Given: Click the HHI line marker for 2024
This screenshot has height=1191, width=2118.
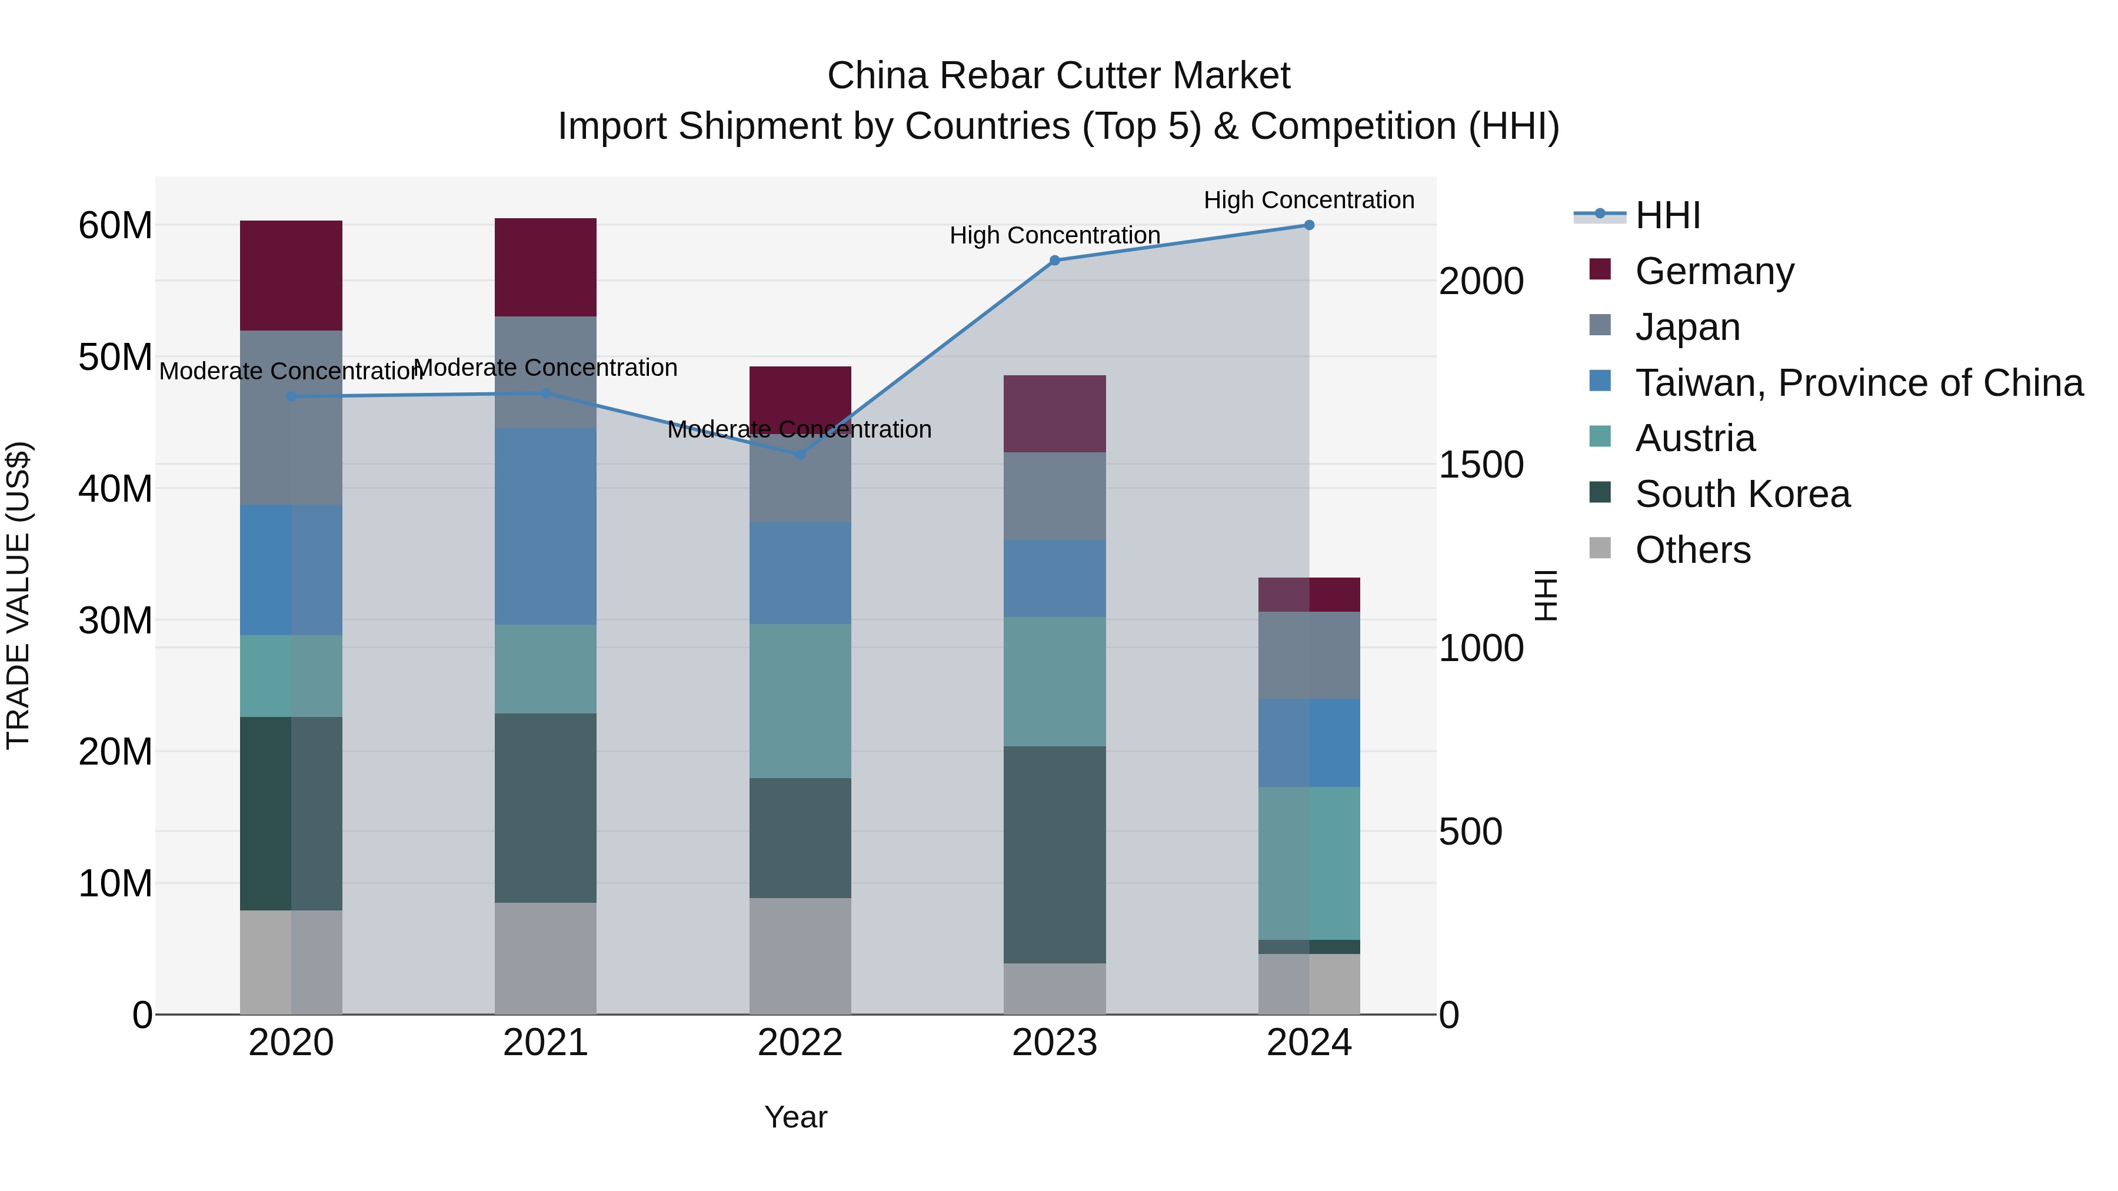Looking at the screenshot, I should (x=1309, y=225).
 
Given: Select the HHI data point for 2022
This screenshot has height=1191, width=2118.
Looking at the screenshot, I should (x=800, y=455).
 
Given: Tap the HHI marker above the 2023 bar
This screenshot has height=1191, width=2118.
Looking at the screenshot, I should (x=1055, y=261).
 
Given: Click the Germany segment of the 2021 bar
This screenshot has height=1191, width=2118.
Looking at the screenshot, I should (x=545, y=267).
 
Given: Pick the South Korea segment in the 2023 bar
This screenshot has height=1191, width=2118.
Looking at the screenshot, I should (x=1055, y=855).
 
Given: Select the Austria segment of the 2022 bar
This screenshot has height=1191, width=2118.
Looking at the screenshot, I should (x=800, y=701).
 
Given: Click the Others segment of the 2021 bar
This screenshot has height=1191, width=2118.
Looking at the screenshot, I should (x=545, y=959).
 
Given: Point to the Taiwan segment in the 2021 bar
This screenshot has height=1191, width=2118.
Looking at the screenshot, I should (x=545, y=526).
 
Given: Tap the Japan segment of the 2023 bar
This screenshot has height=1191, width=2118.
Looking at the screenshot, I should (x=1055, y=496).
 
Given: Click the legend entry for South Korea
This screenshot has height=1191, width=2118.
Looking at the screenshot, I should (x=1742, y=494).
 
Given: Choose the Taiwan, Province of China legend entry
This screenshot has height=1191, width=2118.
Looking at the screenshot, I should (x=1858, y=383).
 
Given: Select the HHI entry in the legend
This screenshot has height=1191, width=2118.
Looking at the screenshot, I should (x=1667, y=215).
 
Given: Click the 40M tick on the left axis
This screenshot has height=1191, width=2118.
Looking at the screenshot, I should (x=115, y=489).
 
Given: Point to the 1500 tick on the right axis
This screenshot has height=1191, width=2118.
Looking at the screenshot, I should (x=1481, y=465).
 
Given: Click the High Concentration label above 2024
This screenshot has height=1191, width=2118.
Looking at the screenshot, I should (x=1309, y=200).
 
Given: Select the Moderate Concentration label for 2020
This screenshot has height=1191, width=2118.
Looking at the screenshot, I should (x=290, y=372).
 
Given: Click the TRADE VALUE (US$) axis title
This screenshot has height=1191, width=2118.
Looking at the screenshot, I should (x=18, y=595).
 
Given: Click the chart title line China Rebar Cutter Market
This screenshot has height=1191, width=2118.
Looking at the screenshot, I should (x=1058, y=76).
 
